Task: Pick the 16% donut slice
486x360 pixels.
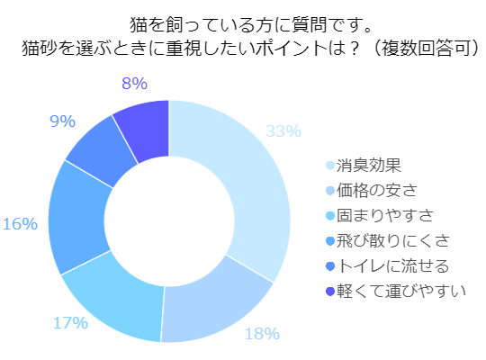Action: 77,216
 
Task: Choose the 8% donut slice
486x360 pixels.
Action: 145,125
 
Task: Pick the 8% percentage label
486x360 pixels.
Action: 133,85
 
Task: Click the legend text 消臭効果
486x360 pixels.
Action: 368,166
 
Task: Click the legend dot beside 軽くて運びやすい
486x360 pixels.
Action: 330,292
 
